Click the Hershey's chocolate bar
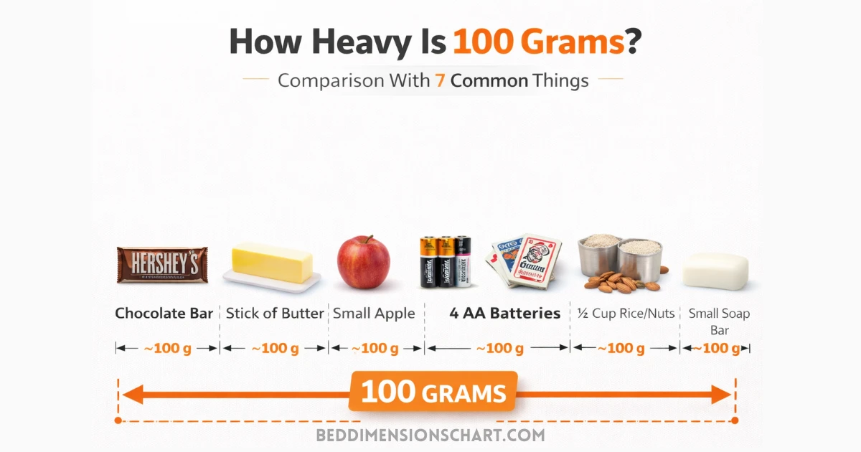(162, 264)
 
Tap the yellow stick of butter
(272, 263)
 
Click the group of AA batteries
(446, 261)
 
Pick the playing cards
(525, 262)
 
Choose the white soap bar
(715, 271)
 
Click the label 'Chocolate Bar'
(164, 314)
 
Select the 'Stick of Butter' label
(275, 314)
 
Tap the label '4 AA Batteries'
(505, 314)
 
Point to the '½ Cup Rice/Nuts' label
(626, 314)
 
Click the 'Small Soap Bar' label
(719, 321)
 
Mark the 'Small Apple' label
(374, 314)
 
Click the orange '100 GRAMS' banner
(433, 392)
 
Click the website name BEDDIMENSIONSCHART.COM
(430, 435)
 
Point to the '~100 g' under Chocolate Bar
(167, 349)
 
